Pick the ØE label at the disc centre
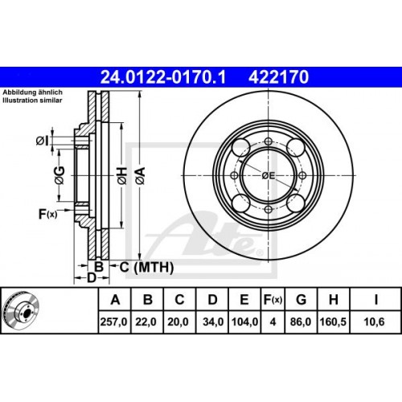(269, 174)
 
